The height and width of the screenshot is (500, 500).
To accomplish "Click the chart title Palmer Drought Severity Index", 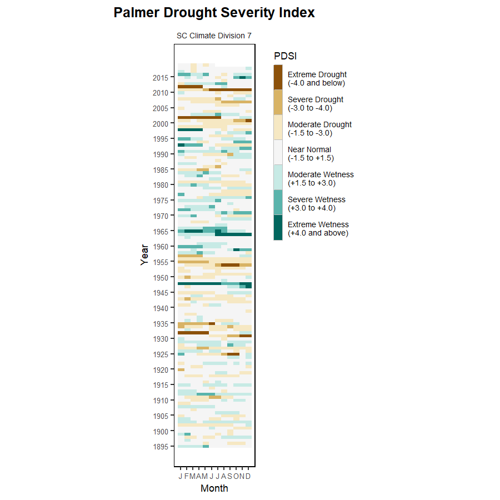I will tap(214, 13).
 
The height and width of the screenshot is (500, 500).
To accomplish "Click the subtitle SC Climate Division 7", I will tap(214, 36).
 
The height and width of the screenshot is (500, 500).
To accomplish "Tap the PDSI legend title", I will tap(285, 56).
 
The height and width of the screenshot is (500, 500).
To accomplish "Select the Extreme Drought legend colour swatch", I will tap(278, 77).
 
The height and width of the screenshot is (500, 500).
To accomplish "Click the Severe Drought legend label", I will tap(316, 104).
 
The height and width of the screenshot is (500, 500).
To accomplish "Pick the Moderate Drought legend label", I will tap(319, 129).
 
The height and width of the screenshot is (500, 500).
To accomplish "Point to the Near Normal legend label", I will tap(311, 154).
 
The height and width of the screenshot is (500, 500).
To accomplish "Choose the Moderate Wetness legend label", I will tap(321, 179).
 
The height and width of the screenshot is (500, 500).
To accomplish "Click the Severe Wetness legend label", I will tap(316, 204).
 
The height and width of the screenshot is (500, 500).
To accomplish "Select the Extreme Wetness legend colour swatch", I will tap(278, 227).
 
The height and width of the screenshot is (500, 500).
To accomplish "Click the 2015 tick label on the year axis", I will tap(160, 78).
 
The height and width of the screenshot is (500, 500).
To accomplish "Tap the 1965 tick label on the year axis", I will tap(160, 231).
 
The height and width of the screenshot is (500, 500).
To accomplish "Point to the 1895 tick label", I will tap(160, 446).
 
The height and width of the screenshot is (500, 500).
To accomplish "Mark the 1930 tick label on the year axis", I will tap(160, 339).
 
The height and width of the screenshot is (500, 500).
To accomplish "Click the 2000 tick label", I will tap(160, 124).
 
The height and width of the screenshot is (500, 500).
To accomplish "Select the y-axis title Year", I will tap(145, 256).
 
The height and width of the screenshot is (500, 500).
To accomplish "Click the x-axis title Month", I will tap(214, 489).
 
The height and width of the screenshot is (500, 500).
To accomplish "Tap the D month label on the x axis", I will tap(248, 476).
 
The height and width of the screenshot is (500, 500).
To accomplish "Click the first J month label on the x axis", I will tap(181, 476).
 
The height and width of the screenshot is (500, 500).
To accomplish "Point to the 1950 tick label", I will tap(160, 277).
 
